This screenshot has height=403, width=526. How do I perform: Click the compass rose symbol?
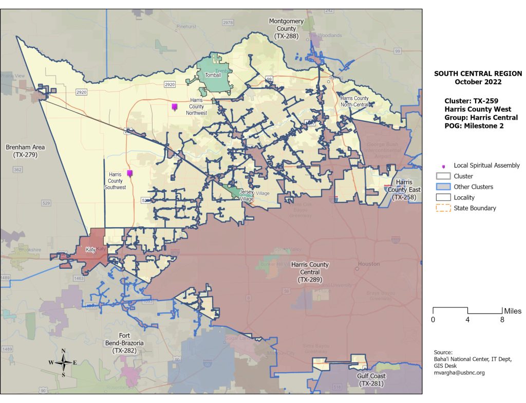coord(63,362)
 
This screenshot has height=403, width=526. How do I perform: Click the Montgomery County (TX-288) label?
coord(286,28)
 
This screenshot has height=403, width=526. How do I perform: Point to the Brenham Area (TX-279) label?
coord(25,151)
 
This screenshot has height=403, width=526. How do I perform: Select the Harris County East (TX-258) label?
coord(405,190)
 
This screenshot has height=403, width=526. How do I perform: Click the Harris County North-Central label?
coord(354,101)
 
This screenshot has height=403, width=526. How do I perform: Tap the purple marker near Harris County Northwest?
coord(175,107)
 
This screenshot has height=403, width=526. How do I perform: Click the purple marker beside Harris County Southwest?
coord(130,174)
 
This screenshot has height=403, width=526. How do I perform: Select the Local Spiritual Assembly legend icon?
coord(443,166)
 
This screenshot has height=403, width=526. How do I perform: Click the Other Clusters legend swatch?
coord(443,187)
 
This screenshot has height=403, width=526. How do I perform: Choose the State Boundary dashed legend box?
coord(443,208)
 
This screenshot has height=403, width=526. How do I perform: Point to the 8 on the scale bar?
coord(502,320)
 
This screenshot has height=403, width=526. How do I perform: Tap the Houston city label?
coord(368,264)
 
